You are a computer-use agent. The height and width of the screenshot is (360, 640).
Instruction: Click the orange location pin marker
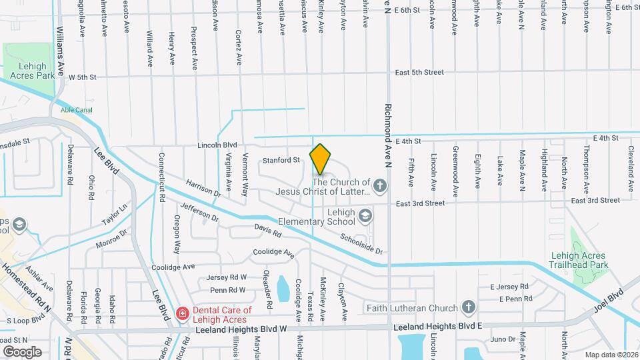(x=320, y=159)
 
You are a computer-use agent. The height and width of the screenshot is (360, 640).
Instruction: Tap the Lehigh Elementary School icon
(x=365, y=215)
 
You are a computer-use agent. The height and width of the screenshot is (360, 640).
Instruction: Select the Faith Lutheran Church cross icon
(x=469, y=307)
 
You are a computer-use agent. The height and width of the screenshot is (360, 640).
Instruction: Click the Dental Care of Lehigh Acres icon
(x=181, y=313)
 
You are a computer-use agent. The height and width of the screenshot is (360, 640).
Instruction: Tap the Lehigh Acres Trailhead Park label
(x=579, y=260)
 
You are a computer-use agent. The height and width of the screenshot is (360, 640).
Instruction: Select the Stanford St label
(x=281, y=160)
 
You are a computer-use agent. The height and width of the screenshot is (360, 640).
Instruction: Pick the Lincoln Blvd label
(x=217, y=145)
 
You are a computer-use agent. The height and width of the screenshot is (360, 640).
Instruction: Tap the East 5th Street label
(x=419, y=72)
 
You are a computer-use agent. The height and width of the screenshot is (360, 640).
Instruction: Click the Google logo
(x=22, y=351)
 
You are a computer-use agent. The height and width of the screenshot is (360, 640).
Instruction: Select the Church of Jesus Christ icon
(x=380, y=185)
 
